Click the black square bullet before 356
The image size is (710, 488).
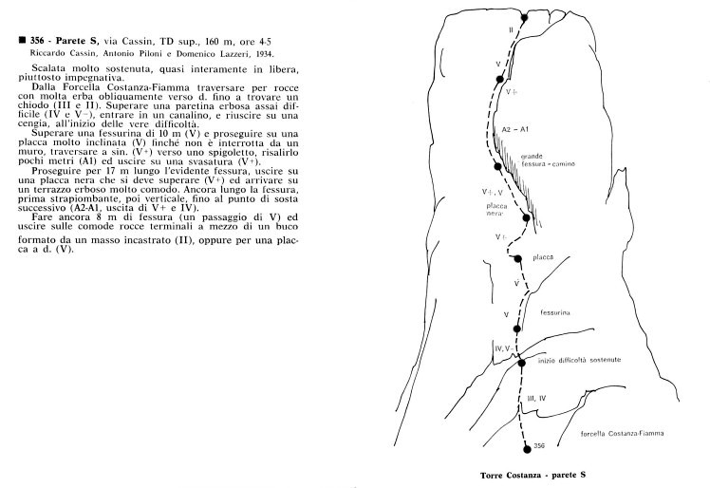(9, 41)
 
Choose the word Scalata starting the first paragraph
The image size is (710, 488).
(46, 72)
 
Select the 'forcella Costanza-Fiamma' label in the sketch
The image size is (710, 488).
(621, 432)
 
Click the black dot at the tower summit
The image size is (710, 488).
(524, 14)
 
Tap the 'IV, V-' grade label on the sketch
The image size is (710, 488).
(505, 350)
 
